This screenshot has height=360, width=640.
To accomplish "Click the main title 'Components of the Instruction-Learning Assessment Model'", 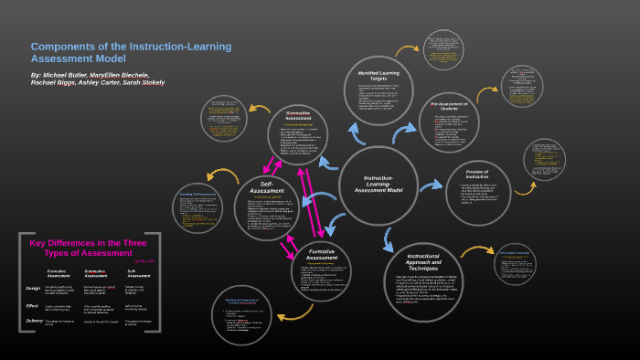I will [131, 52].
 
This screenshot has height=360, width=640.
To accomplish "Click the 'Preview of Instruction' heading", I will [476, 175].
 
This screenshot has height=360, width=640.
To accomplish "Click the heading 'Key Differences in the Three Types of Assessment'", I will [90, 248].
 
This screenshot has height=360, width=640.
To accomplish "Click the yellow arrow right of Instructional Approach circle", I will [476, 250].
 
